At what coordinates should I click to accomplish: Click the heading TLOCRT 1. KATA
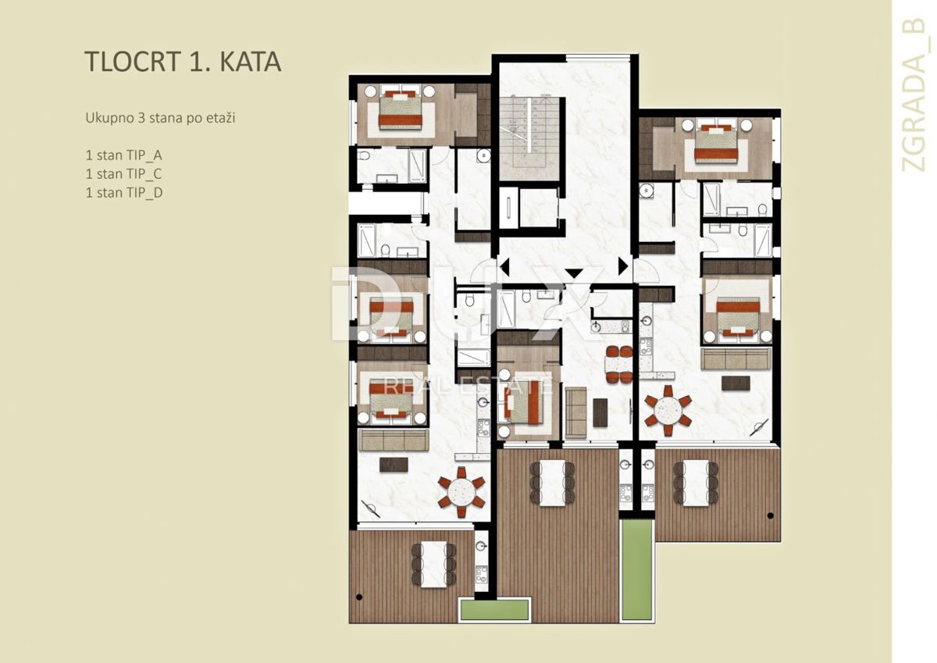click(x=183, y=62)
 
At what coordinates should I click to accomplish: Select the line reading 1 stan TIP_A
click(x=124, y=155)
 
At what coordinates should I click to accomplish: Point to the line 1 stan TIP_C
click(x=124, y=174)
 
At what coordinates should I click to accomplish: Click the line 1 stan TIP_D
click(x=124, y=193)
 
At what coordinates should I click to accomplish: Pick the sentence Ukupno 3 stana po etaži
click(x=160, y=119)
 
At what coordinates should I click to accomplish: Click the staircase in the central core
click(x=529, y=138)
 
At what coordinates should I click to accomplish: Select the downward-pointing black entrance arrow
click(x=574, y=274)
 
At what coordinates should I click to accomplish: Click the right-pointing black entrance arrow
click(x=623, y=266)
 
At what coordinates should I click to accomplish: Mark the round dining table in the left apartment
click(x=461, y=492)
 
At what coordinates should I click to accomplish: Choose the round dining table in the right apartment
click(x=668, y=410)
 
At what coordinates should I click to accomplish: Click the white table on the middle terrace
click(x=552, y=483)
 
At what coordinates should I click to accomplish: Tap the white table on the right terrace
click(x=696, y=483)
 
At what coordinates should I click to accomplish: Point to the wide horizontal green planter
click(x=494, y=609)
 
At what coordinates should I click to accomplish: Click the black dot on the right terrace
click(x=771, y=515)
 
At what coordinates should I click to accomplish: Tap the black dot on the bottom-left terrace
click(x=359, y=597)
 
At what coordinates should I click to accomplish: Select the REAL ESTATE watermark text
click(x=467, y=386)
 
